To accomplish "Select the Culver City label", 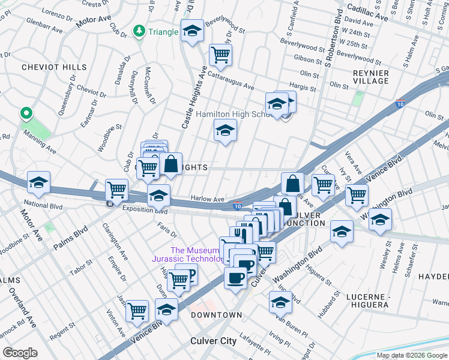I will point(213,341).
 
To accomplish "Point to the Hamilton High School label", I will point(237,114).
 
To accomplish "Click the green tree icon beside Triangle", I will point(139,32).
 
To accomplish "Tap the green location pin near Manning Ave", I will point(26,113).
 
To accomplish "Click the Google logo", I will point(20,352).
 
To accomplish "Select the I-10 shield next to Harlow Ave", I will point(238,206).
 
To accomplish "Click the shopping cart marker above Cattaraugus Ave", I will point(221,55).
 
